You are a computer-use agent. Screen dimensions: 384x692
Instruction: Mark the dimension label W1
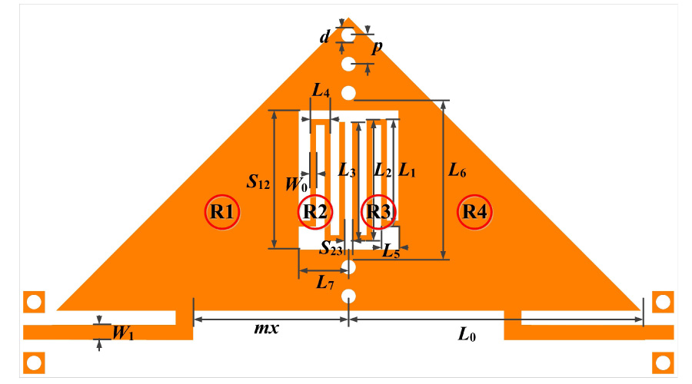pyautogui.click(x=123, y=333)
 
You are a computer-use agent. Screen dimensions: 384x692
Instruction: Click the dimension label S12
pyautogui.click(x=258, y=182)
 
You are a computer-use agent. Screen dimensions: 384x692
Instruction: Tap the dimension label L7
pyautogui.click(x=325, y=283)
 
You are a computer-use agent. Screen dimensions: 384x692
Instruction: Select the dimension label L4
pyautogui.click(x=321, y=91)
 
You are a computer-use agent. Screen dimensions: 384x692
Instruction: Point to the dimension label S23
pyautogui.click(x=331, y=247)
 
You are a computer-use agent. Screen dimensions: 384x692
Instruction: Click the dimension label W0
pyautogui.click(x=296, y=184)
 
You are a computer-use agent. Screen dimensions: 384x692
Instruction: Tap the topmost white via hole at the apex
pyautogui.click(x=348, y=35)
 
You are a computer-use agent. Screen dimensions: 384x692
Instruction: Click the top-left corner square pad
pyautogui.click(x=33, y=302)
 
